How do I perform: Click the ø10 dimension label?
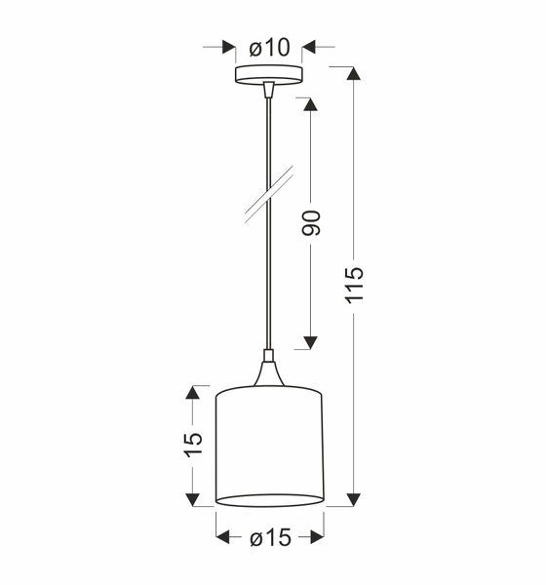click(269, 48)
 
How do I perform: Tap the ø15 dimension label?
click(270, 537)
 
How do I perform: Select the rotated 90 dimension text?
click(311, 223)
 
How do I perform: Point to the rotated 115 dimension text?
click(353, 285)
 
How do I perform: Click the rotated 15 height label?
click(193, 445)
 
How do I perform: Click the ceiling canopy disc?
click(269, 75)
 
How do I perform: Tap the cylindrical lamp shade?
click(269, 446)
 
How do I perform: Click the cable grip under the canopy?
click(269, 90)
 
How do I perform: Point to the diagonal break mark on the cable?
click(269, 194)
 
